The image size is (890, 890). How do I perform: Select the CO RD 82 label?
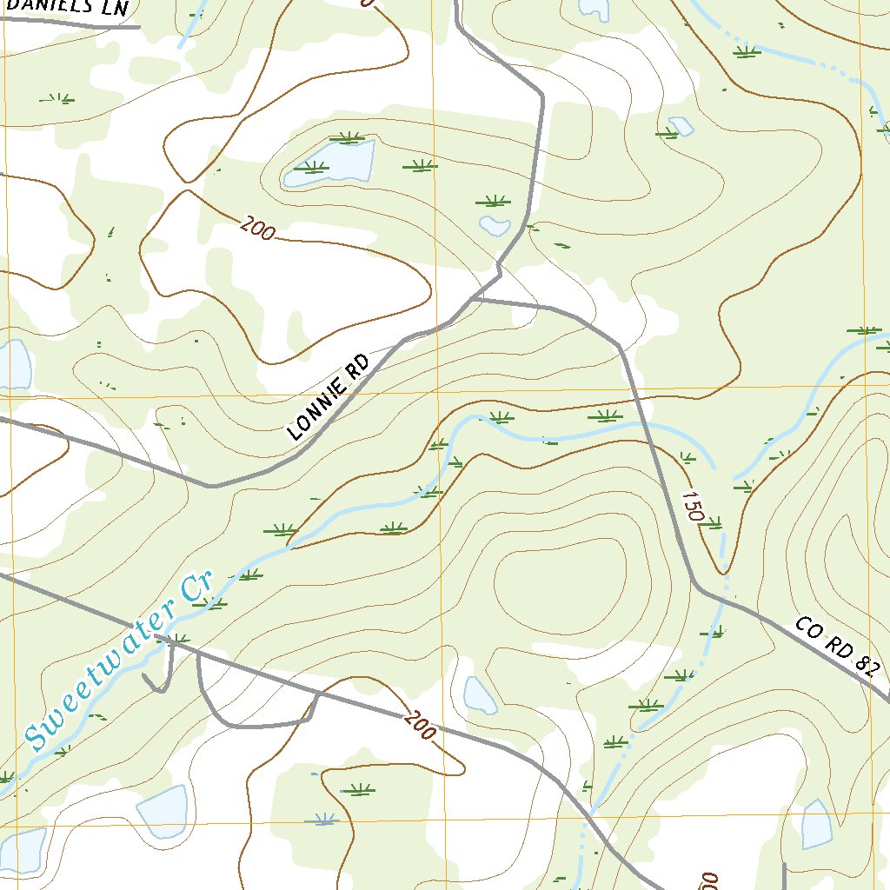[838, 647]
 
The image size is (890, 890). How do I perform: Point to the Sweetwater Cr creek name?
[120, 663]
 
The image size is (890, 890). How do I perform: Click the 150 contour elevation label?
[692, 506]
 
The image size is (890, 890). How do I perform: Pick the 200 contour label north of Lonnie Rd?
[258, 229]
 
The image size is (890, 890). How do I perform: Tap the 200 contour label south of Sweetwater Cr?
[418, 726]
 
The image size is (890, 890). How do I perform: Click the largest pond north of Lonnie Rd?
[330, 163]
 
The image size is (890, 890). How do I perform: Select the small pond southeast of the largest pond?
[495, 226]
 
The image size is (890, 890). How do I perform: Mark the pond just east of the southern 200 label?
[479, 694]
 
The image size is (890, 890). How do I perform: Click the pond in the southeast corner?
[816, 825]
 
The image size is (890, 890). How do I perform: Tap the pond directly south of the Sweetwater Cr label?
[163, 811]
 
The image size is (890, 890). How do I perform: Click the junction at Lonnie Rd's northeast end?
[475, 300]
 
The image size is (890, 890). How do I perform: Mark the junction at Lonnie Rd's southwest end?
[211, 486]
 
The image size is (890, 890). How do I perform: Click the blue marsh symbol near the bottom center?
[326, 818]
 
